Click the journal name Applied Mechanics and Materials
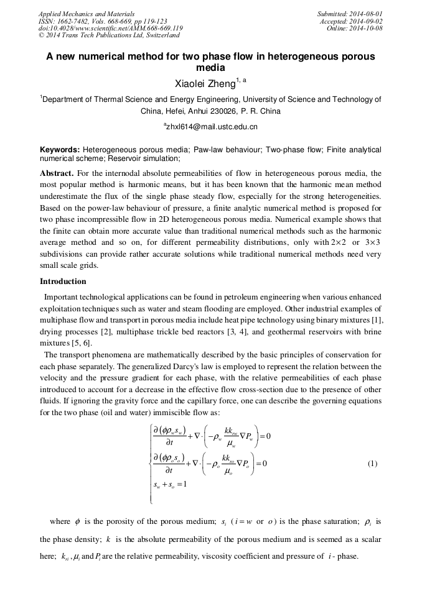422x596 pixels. coord(86,13)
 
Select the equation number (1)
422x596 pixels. coord(372,464)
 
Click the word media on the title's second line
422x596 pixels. coord(210,68)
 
